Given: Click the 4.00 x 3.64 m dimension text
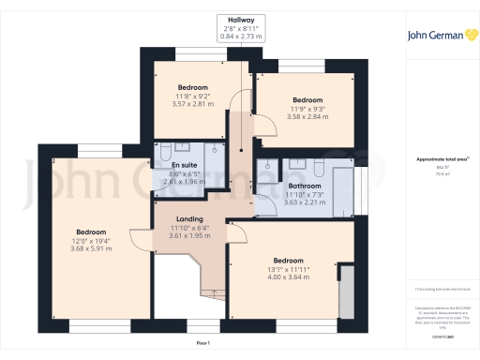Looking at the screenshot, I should tap(288, 277).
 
